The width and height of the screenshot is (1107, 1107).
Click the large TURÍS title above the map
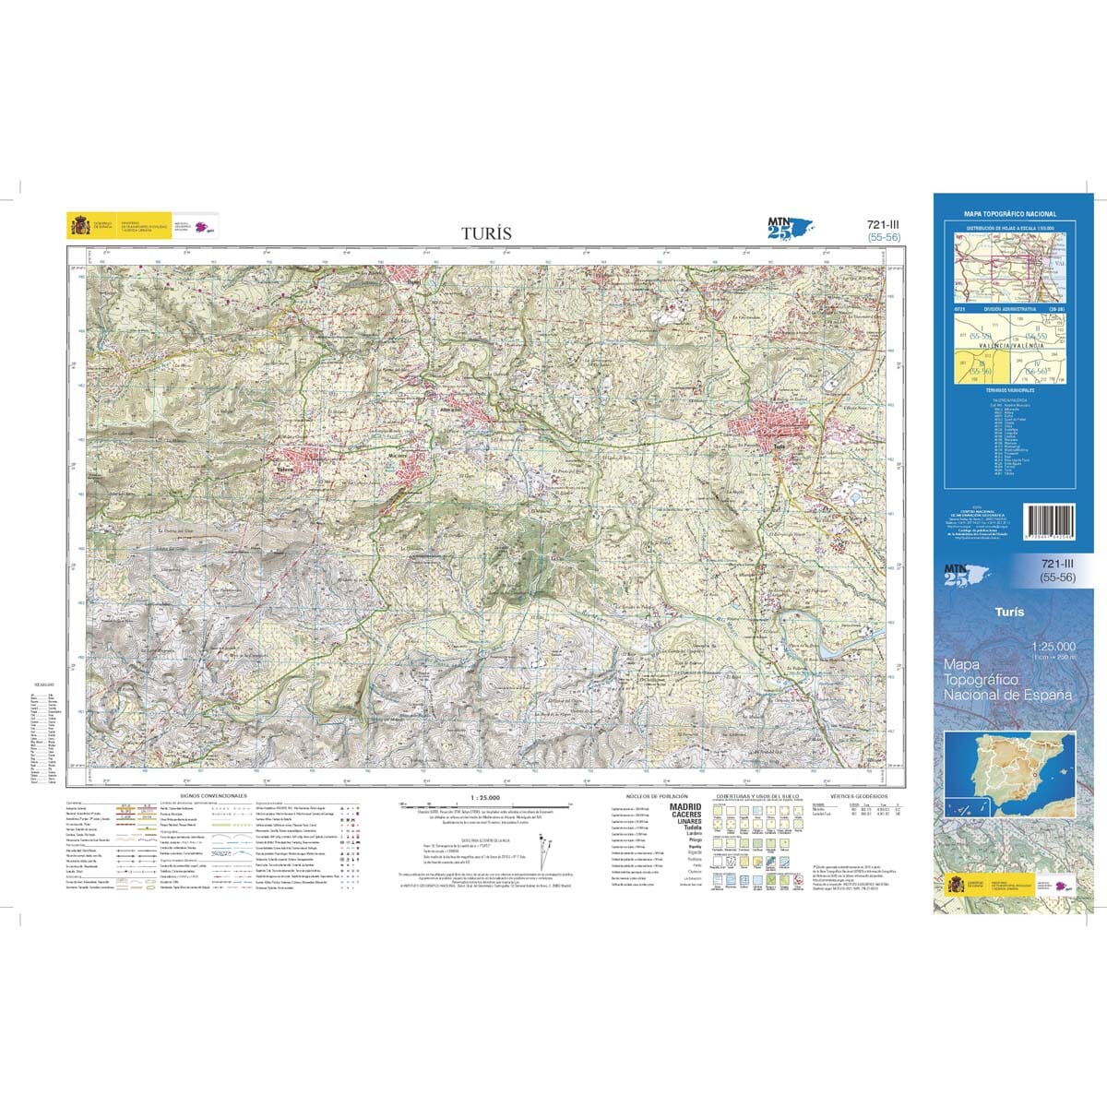coord(485,233)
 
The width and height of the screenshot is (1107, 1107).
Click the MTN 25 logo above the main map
coord(792,227)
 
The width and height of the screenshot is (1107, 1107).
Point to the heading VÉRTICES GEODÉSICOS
coord(858,794)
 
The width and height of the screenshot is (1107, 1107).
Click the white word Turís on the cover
coord(1009,612)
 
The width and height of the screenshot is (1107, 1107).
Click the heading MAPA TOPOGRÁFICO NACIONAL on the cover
coord(1009,214)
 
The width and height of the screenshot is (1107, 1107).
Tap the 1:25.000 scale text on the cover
coord(1051,647)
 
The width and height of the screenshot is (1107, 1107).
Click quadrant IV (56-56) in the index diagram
coord(1038,368)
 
